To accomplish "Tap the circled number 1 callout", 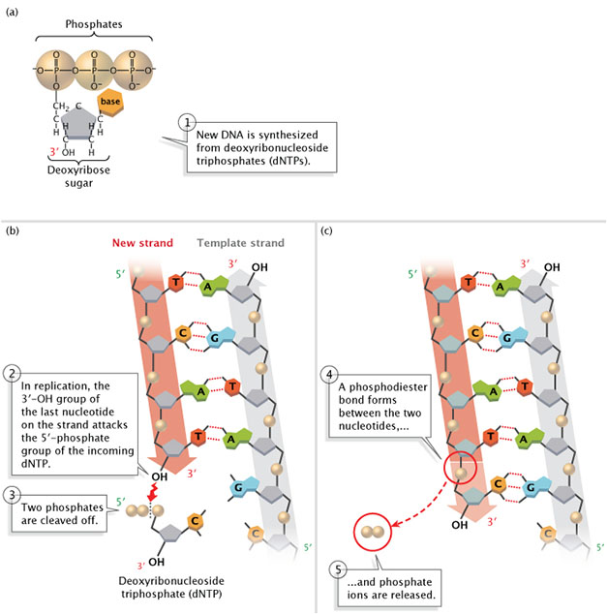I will pos(187,122).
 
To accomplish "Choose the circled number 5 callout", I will pos(335,568).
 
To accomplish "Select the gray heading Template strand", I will pos(241,243).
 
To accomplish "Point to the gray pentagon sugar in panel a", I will pos(72,126).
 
